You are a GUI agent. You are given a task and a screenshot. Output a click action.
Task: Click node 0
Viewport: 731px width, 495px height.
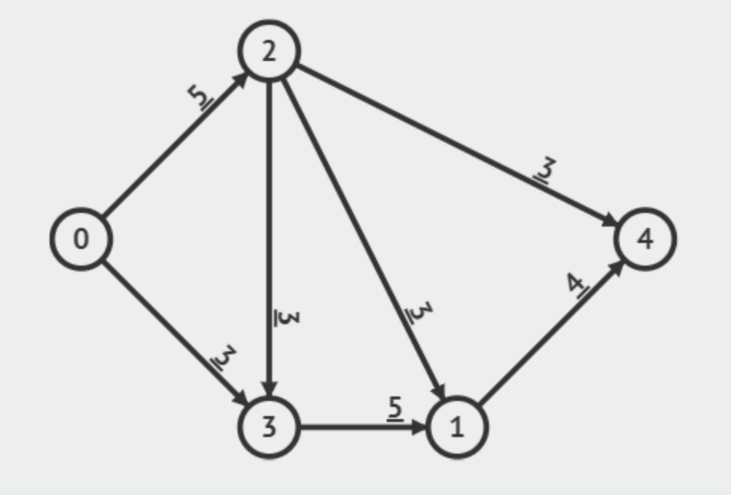(81, 238)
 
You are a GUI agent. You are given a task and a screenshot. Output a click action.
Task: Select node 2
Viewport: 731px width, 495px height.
(269, 51)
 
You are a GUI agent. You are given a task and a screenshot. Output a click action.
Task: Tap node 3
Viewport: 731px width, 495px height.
(269, 427)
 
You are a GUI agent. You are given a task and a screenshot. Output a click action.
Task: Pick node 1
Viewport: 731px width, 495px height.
(457, 427)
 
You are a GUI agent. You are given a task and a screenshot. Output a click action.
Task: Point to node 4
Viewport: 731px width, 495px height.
(645, 238)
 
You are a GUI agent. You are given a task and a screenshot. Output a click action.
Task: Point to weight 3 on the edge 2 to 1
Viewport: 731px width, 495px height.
(418, 311)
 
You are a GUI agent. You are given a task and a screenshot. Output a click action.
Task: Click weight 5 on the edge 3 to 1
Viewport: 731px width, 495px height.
(396, 408)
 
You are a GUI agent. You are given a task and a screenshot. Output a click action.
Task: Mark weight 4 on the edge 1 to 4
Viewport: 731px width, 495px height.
(578, 285)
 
